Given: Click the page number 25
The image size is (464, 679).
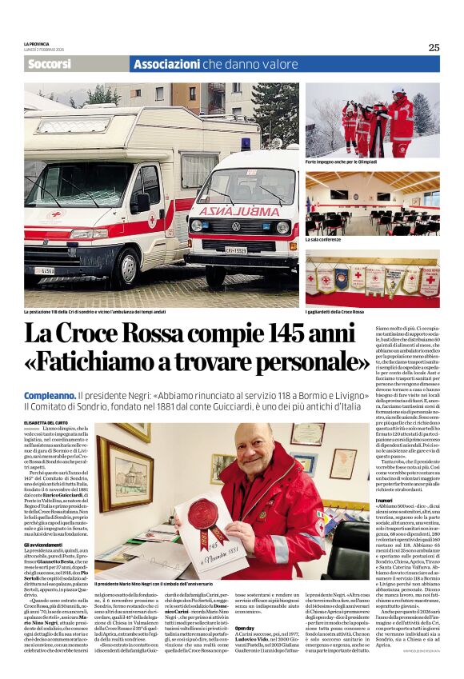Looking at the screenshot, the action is pyautogui.click(x=434, y=47).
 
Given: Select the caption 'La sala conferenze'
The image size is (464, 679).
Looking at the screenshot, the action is pyautogui.click(x=324, y=238).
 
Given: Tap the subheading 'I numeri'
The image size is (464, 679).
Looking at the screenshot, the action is pyautogui.click(x=406, y=501).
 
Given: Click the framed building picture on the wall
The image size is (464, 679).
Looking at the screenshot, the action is pyautogui.click(x=126, y=476).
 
